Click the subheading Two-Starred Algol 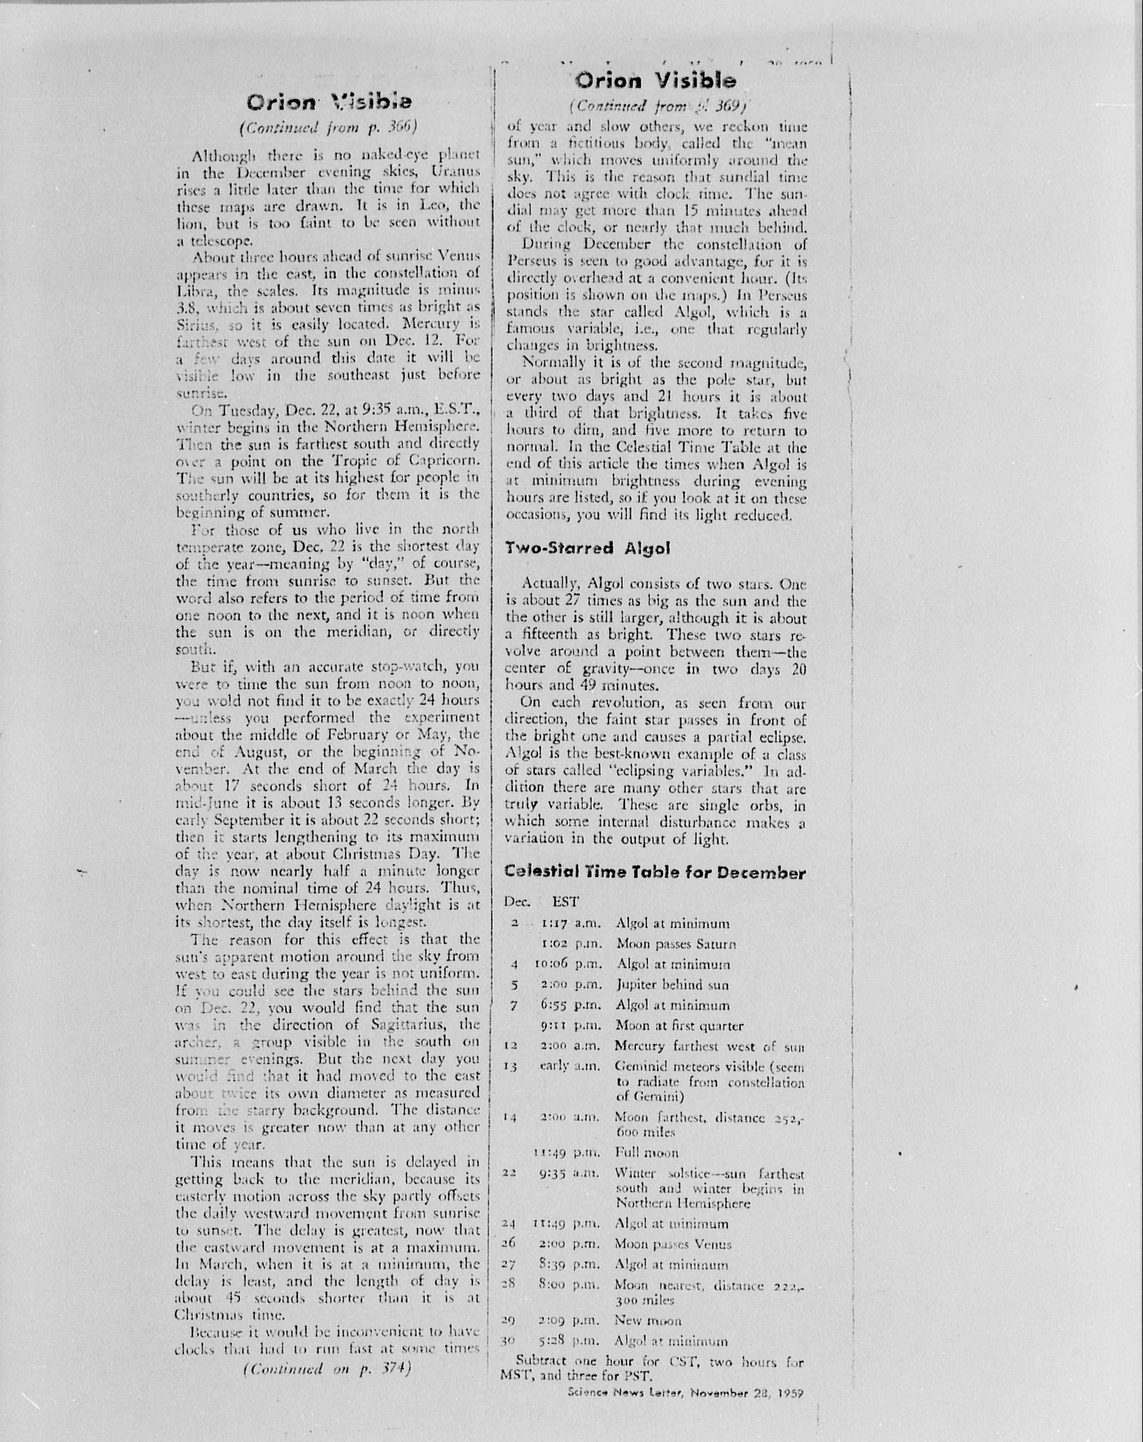coord(587,548)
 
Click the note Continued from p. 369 coord(657,105)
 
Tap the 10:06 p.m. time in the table coord(567,964)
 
